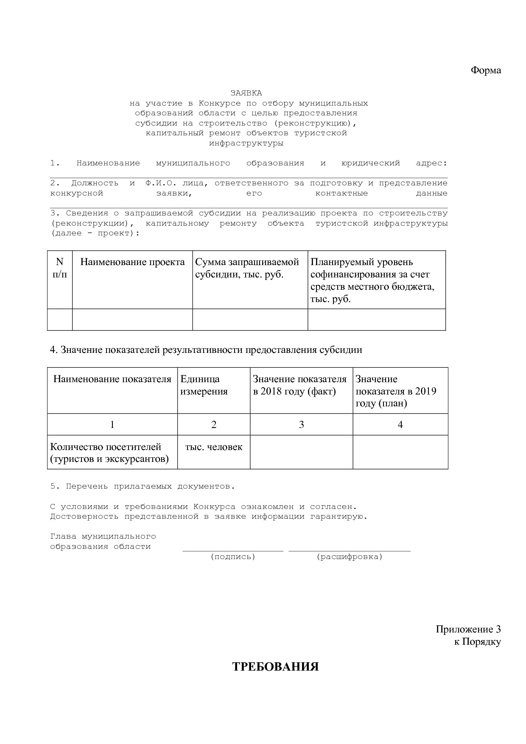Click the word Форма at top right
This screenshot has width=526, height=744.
tap(486, 70)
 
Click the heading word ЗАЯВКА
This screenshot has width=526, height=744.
tap(246, 93)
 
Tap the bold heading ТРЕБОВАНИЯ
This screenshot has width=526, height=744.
tap(275, 667)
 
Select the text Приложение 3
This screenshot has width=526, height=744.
tap(468, 629)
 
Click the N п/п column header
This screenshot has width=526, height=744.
tap(59, 268)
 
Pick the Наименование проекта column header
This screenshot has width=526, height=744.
tap(132, 262)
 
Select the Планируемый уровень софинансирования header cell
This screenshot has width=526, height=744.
tap(372, 280)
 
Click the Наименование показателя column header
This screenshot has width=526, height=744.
tap(112, 379)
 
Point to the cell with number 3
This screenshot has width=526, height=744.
tap(301, 425)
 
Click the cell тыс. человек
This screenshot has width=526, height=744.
tap(214, 447)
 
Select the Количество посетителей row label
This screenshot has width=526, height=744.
tap(109, 453)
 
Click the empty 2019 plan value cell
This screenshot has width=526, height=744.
tap(400, 452)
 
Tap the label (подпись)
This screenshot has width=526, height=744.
tap(233, 557)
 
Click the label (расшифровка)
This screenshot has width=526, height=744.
tap(350, 557)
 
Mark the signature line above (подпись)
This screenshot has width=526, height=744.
tap(233, 551)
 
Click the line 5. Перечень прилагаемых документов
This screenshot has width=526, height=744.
tap(143, 487)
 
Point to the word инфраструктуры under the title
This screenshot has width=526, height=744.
tap(246, 143)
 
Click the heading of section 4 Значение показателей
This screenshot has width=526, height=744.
tap(206, 350)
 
